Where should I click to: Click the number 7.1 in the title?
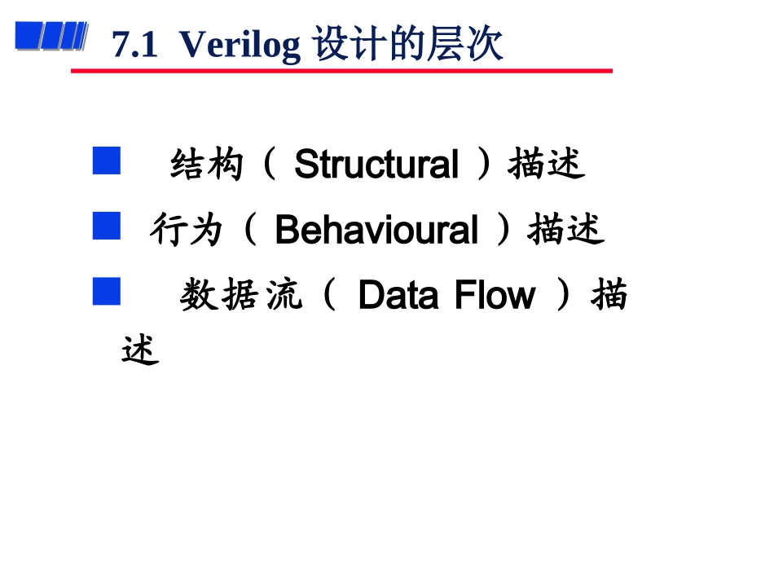tap(134, 46)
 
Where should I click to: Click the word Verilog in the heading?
tap(240, 46)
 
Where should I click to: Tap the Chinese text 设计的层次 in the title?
tap(407, 45)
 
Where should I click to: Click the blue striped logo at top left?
tap(51, 37)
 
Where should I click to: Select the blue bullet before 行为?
tap(106, 226)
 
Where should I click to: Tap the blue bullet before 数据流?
tap(106, 291)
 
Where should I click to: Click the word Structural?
tap(376, 165)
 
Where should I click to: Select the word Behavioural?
tap(376, 230)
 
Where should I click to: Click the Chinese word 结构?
tap(207, 165)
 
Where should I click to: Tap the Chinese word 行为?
tap(186, 231)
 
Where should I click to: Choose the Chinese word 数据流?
tap(240, 296)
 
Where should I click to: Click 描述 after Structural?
tap(547, 165)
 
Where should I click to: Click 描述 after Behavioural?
tap(565, 230)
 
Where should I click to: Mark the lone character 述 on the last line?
tap(139, 351)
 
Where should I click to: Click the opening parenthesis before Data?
tap(329, 295)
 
